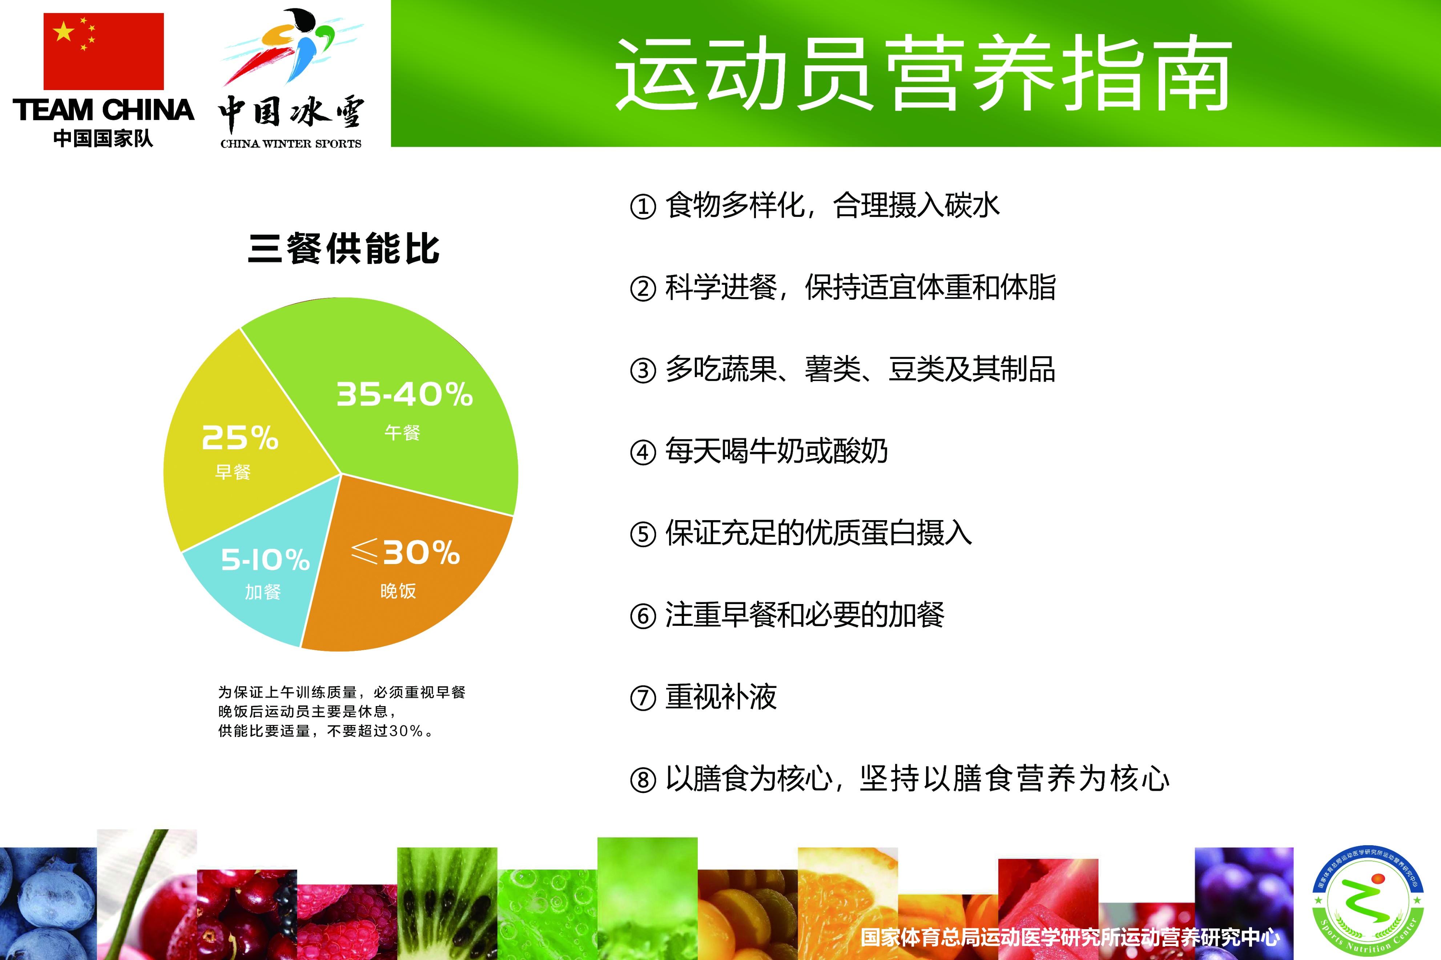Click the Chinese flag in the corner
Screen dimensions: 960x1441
pyautogui.click(x=104, y=52)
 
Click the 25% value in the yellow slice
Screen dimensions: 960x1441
pyautogui.click(x=240, y=438)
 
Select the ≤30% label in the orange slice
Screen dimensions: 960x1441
pyautogui.click(x=406, y=553)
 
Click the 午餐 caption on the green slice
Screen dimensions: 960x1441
pyautogui.click(x=402, y=433)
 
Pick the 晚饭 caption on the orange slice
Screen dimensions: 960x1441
pyautogui.click(x=398, y=591)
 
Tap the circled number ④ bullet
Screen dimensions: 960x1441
pyautogui.click(x=643, y=453)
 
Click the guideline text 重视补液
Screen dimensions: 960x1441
pyautogui.click(x=721, y=697)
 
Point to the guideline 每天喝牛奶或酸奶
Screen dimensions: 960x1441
pyautogui.click(x=777, y=451)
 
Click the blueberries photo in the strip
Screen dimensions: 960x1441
pyautogui.click(x=48, y=903)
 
